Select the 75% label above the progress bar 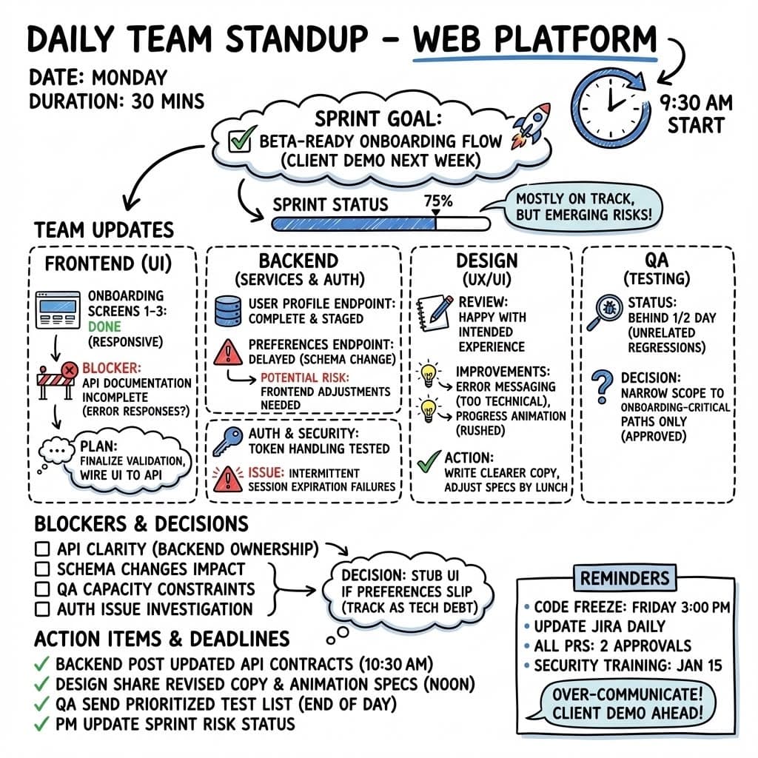tap(437, 200)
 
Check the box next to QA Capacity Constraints tap(43, 589)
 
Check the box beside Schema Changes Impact tap(43, 569)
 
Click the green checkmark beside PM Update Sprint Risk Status tap(42, 724)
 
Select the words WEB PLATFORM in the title tap(534, 39)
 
